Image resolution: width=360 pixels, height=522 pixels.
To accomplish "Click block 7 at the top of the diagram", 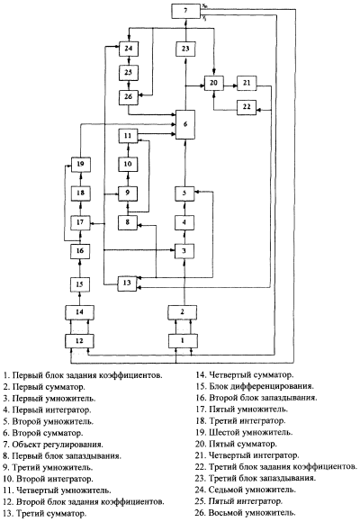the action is click(185, 10).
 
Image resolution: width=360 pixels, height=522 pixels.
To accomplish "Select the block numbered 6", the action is click(185, 124).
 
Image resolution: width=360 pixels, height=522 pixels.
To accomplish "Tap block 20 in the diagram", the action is click(213, 83).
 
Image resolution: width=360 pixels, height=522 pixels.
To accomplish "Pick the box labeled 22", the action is click(247, 107).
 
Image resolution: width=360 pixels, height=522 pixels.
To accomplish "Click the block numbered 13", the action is click(127, 283).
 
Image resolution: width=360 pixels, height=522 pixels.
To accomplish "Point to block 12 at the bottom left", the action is click(79, 341).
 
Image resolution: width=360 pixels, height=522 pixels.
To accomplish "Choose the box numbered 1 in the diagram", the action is click(183, 341).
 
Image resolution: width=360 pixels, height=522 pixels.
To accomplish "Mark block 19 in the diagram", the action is click(80, 164).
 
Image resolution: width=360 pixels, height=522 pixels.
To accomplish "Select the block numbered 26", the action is click(129, 97).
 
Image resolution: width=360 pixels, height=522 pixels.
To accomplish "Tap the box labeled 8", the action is click(128, 222).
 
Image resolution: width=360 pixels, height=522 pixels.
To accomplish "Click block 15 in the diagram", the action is click(80, 284).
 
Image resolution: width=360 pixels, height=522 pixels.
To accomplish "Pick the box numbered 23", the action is click(185, 49).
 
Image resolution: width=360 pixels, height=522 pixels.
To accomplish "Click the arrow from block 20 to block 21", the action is click(230, 85).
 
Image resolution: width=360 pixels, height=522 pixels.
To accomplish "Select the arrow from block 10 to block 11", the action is click(128, 150).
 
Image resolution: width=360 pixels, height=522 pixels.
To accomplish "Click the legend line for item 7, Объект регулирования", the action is click(53, 445).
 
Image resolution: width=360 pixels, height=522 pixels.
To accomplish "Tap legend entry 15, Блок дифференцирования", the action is click(255, 386).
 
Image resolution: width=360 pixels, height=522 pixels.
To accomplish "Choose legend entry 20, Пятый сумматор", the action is click(236, 444).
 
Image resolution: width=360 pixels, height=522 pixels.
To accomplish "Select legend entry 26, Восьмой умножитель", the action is click(246, 513).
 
